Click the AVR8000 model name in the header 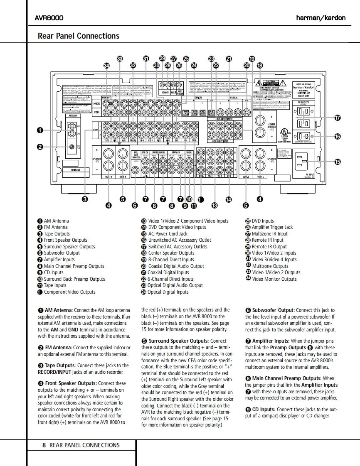49,18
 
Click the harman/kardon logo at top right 321,18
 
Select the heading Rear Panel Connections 79,36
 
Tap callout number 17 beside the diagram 338,118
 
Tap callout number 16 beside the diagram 338,136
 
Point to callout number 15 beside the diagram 338,162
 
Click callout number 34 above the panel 107,66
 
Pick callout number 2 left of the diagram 40,146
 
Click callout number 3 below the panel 85,199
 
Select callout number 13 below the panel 215,205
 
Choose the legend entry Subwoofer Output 62,253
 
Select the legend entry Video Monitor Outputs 274,279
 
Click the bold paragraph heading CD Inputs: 264,409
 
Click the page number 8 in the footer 44,445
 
